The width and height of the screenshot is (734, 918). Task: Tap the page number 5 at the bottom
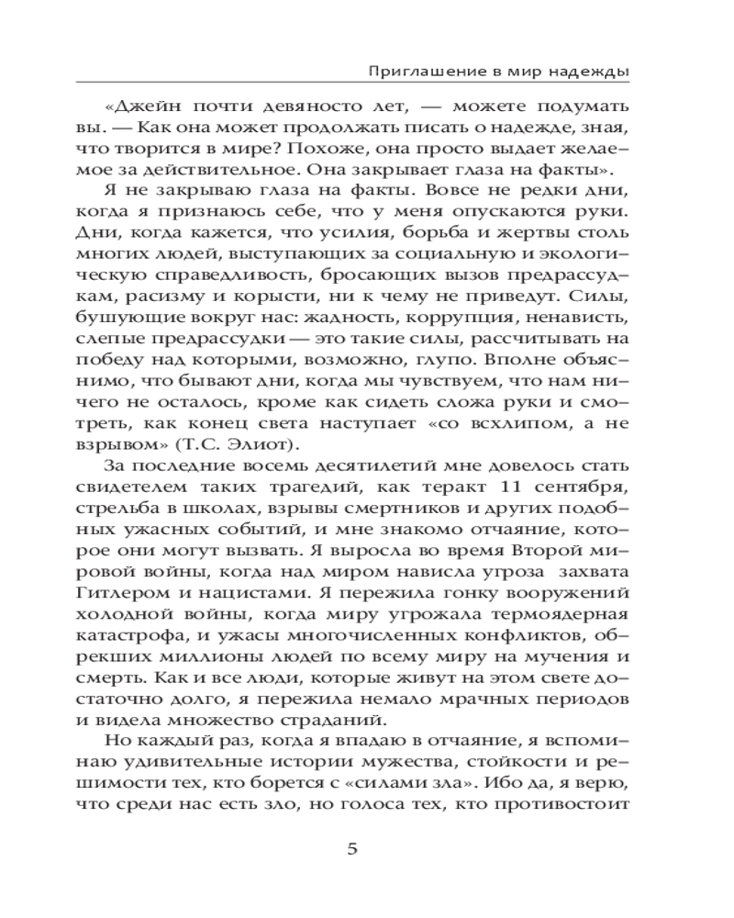point(352,847)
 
